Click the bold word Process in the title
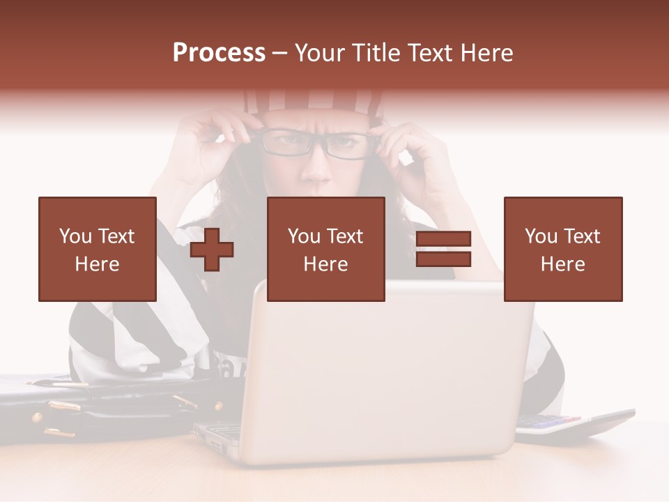pyautogui.click(x=219, y=53)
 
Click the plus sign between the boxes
pyautogui.click(x=212, y=250)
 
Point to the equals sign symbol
pyautogui.click(x=443, y=249)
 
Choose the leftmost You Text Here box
pyautogui.click(x=98, y=249)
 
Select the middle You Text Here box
pyautogui.click(x=325, y=249)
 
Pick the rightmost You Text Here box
pyautogui.click(x=562, y=249)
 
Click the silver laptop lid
pyautogui.click(x=390, y=376)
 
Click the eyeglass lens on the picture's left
pyautogui.click(x=286, y=144)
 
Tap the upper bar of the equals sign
pyautogui.click(x=443, y=239)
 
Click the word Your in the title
pyautogui.click(x=320, y=53)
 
